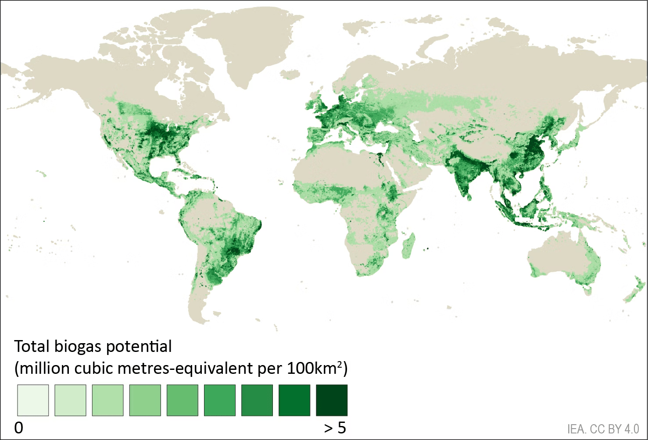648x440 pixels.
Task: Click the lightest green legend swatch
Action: (33, 400)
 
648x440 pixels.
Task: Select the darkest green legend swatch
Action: (332, 400)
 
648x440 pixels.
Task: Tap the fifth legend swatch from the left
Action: (183, 400)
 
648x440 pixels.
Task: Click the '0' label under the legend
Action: (18, 428)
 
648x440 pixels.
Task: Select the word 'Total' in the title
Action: (32, 347)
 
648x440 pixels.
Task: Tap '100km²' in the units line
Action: (315, 368)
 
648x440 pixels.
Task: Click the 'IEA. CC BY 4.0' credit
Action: (603, 429)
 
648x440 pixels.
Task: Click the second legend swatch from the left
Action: (70, 400)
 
